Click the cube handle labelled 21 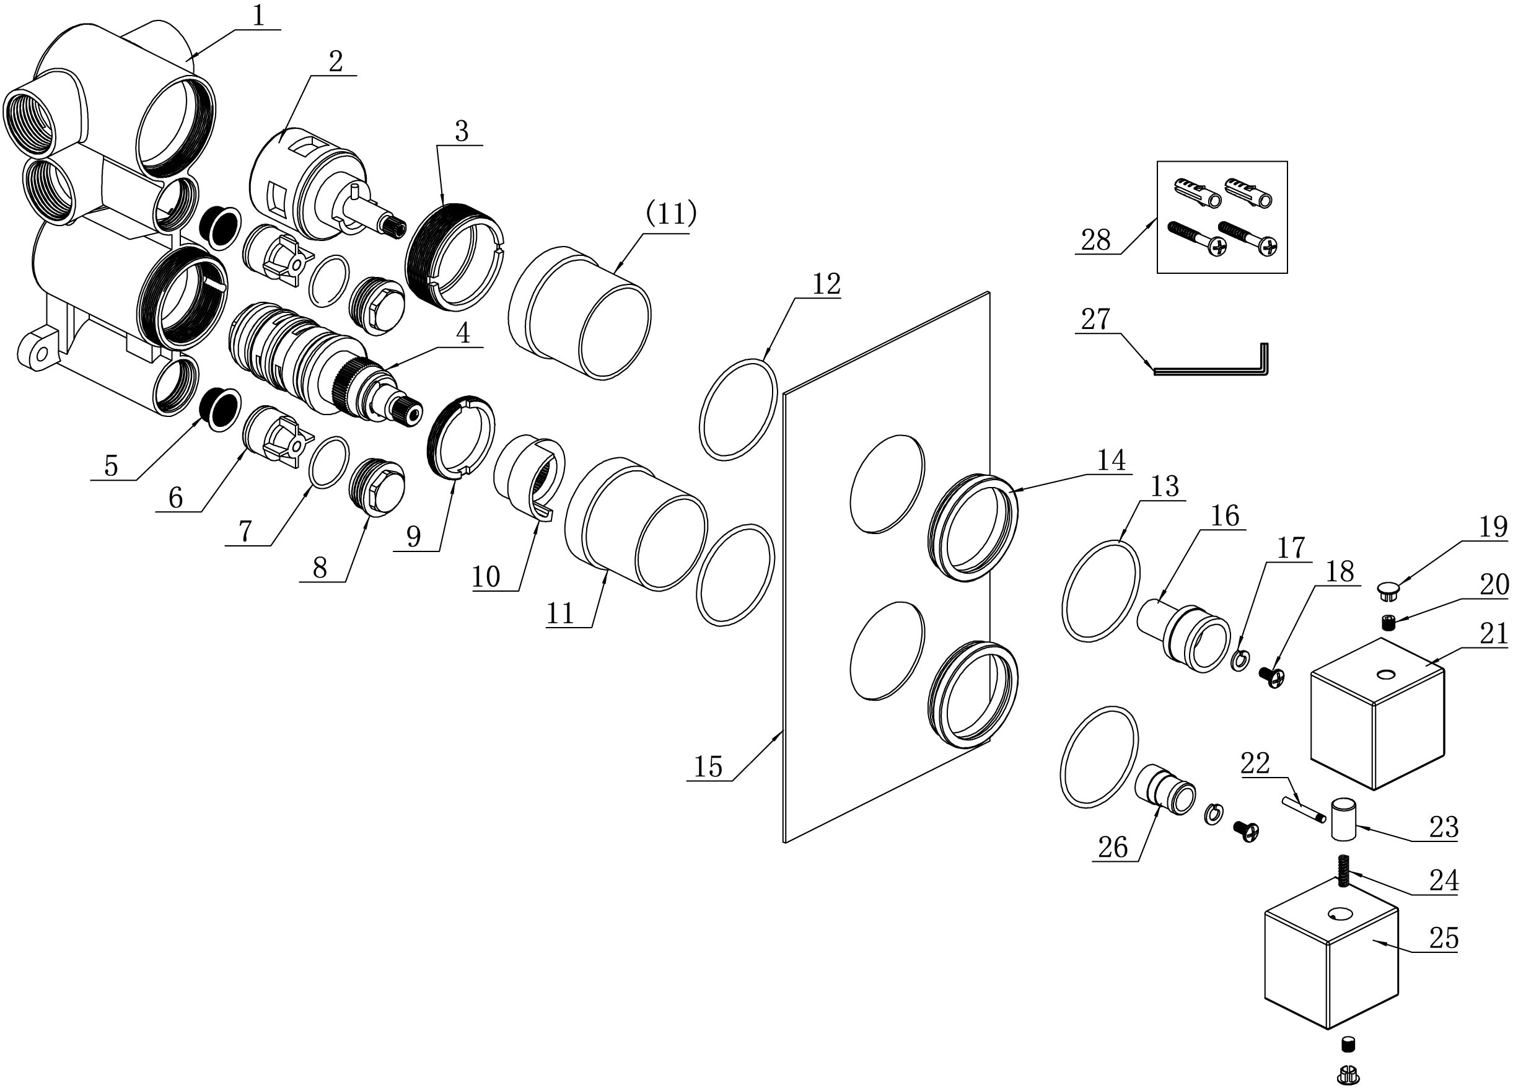click(1377, 714)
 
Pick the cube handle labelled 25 click(1331, 954)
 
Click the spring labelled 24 click(1343, 871)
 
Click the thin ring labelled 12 click(739, 410)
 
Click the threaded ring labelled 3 click(455, 257)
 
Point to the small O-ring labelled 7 click(330, 463)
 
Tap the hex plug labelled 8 click(378, 488)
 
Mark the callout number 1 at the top click(258, 15)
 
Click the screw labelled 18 click(1271, 678)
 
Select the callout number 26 click(1113, 848)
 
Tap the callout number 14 click(1112, 460)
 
